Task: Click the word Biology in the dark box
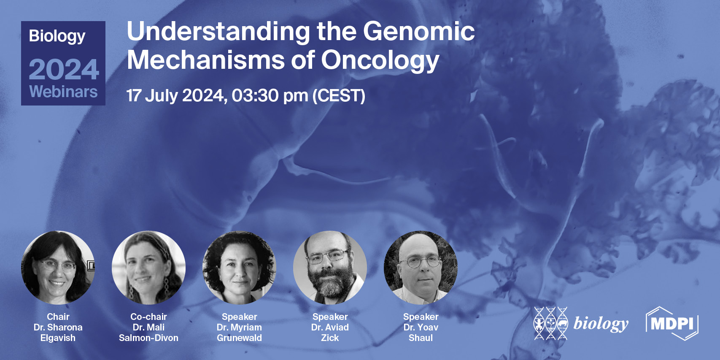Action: pyautogui.click(x=57, y=36)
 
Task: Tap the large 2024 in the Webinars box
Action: pyautogui.click(x=64, y=70)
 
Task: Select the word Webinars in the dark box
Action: pyautogui.click(x=63, y=92)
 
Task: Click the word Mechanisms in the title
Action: pyautogui.click(x=205, y=60)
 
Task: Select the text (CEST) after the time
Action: pyautogui.click(x=339, y=95)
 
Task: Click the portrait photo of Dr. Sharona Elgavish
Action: pyautogui.click(x=58, y=268)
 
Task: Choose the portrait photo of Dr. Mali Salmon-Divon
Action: pyautogui.click(x=148, y=268)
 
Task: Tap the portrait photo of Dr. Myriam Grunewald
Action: pyautogui.click(x=239, y=268)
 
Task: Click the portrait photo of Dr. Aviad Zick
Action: pyautogui.click(x=330, y=268)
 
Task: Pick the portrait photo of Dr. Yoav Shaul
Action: pyautogui.click(x=421, y=268)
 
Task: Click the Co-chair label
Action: pyautogui.click(x=148, y=317)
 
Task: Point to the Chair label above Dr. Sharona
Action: pyautogui.click(x=58, y=317)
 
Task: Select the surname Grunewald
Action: pyautogui.click(x=239, y=338)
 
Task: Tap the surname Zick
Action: pyautogui.click(x=330, y=338)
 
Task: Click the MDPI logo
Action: pyautogui.click(x=672, y=324)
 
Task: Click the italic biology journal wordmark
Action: pyautogui.click(x=601, y=324)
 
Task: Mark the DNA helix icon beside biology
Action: pyautogui.click(x=550, y=323)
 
